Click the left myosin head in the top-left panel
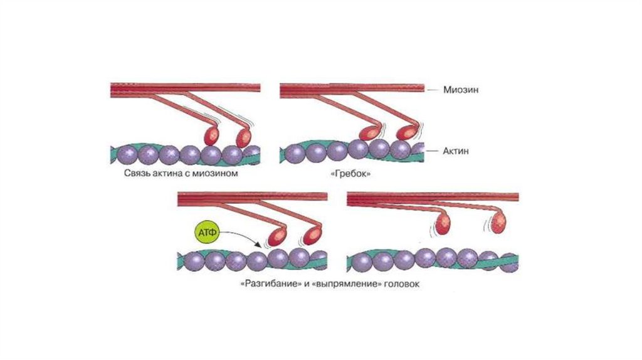click(x=212, y=135)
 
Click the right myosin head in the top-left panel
click(x=243, y=136)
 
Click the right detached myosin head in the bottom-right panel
click(x=498, y=223)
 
